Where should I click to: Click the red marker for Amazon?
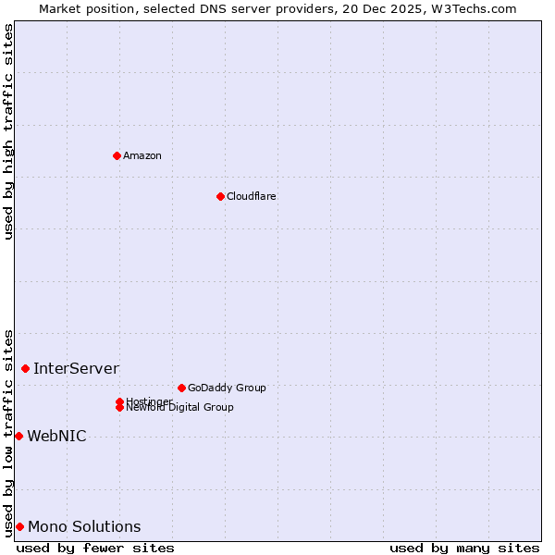(117, 155)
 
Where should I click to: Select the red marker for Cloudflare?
(220, 196)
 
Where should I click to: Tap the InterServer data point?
(25, 368)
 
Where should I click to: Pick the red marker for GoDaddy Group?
(181, 388)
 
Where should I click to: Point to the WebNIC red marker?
(18, 436)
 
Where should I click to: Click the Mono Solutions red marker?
(19, 526)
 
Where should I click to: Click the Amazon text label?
(142, 155)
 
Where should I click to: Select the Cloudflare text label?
(251, 196)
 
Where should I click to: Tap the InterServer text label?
(76, 368)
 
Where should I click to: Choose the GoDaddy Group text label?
(227, 388)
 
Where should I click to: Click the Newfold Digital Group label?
(179, 407)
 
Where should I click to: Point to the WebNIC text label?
(56, 436)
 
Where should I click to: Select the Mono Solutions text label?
(84, 526)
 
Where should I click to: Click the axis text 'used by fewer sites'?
(95, 548)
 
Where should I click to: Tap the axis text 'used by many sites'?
(464, 548)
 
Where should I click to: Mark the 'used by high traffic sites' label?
(9, 131)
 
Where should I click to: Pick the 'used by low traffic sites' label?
(9, 433)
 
